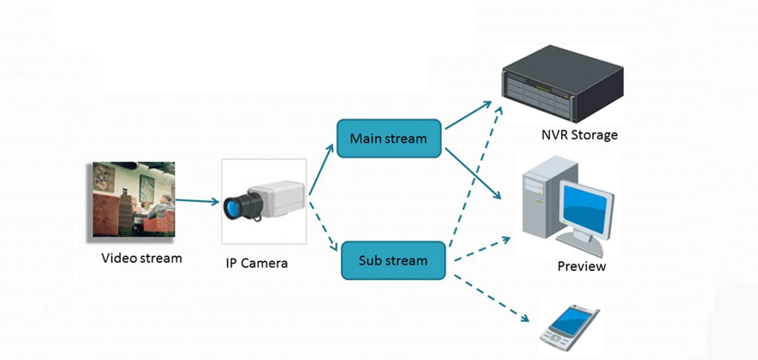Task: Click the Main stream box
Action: coord(388,138)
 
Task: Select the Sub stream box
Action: coord(393,260)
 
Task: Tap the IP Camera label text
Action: coord(256,263)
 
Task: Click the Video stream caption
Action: coord(141,258)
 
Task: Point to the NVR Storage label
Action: coord(579,135)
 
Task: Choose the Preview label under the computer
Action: coord(581,266)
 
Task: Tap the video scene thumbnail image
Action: coord(134,200)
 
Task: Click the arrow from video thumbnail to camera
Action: coord(197,202)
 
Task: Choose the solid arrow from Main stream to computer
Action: coord(474,174)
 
